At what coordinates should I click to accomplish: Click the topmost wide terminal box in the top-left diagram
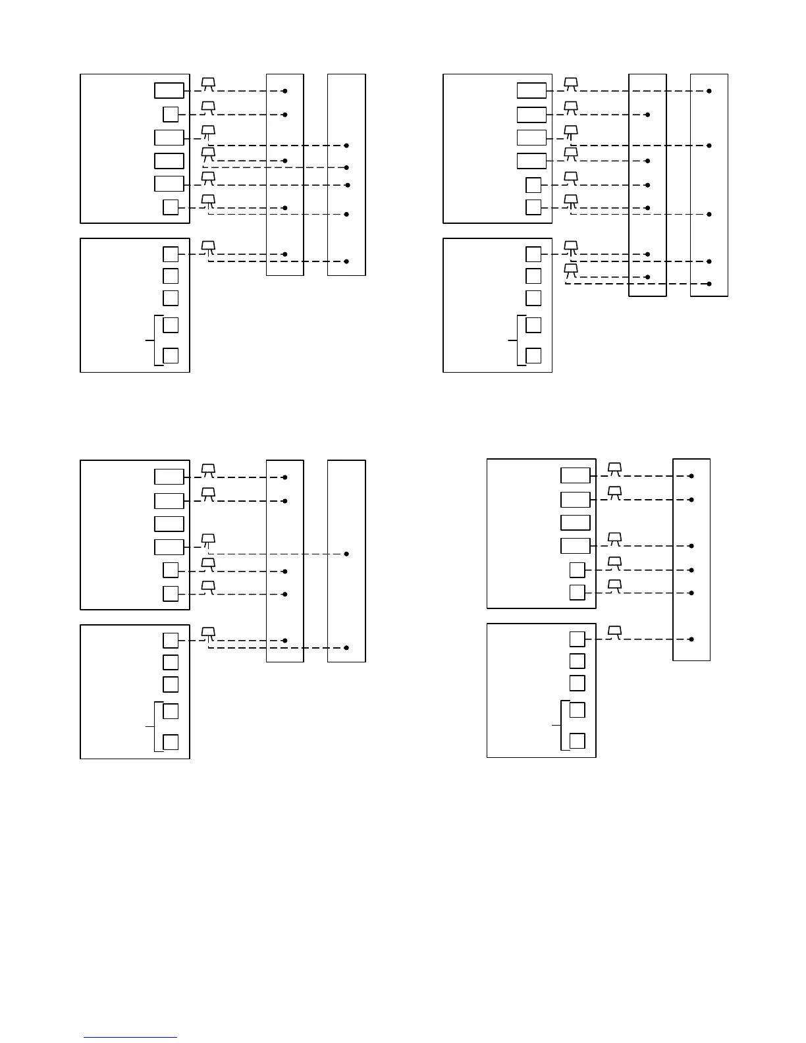click(169, 91)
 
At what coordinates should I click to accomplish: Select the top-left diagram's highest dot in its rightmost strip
click(346, 146)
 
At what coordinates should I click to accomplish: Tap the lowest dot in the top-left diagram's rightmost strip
click(346, 261)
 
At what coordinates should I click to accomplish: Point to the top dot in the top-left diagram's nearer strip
click(285, 91)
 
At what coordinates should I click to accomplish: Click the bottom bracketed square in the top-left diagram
click(171, 356)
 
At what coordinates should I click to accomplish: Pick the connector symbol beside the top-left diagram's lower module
click(208, 246)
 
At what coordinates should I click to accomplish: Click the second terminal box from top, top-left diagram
click(171, 114)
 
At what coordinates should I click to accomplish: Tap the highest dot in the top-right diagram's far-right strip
click(709, 91)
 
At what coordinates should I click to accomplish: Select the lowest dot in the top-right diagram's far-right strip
click(709, 284)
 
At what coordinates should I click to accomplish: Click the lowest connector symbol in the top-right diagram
click(571, 269)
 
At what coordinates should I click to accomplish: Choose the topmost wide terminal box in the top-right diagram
click(531, 91)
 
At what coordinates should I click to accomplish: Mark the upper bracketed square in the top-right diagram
click(533, 325)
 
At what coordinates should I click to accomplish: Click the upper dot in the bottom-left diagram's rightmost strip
click(346, 554)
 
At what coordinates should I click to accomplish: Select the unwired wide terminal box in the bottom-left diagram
click(169, 524)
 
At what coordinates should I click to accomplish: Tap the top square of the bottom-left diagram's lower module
click(171, 640)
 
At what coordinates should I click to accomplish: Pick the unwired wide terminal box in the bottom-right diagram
click(576, 523)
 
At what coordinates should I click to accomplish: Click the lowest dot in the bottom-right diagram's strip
click(691, 639)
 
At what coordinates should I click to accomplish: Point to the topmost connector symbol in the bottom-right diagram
click(614, 468)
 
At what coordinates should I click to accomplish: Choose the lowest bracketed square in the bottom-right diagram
click(577, 741)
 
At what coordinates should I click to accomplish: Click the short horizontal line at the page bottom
click(130, 1038)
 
